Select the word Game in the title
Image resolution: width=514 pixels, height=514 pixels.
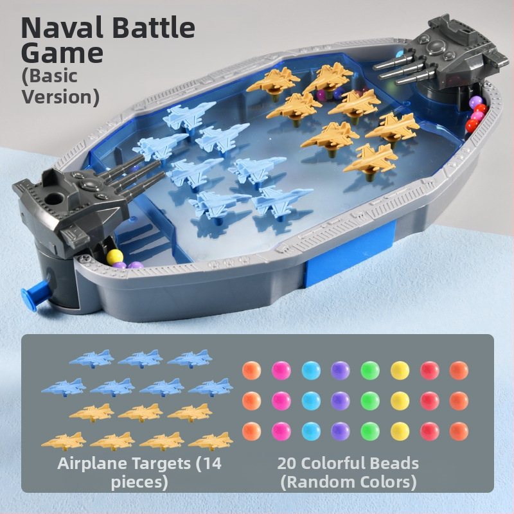[62, 53]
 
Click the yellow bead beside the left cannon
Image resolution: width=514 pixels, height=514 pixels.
[114, 256]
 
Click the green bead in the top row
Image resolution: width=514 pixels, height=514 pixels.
[370, 371]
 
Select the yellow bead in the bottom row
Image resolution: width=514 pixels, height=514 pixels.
[400, 431]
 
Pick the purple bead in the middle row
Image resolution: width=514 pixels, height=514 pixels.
[341, 401]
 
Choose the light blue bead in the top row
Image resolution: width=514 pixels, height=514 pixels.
[311, 371]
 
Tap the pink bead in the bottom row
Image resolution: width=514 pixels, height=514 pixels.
[281, 431]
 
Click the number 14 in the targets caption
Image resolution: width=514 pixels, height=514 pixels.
[211, 463]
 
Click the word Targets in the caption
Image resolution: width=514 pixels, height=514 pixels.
[161, 464]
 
